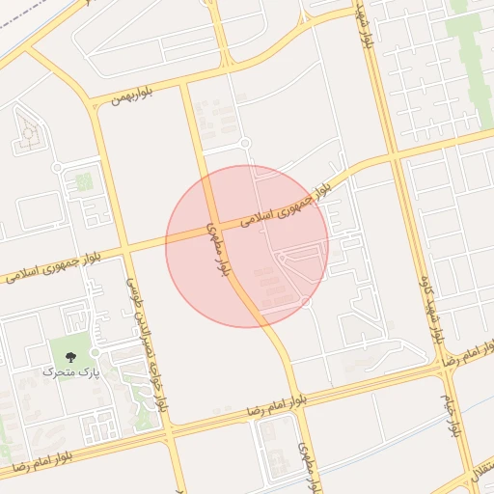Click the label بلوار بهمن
(x=133, y=97)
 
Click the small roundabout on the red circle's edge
(x=306, y=303)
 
